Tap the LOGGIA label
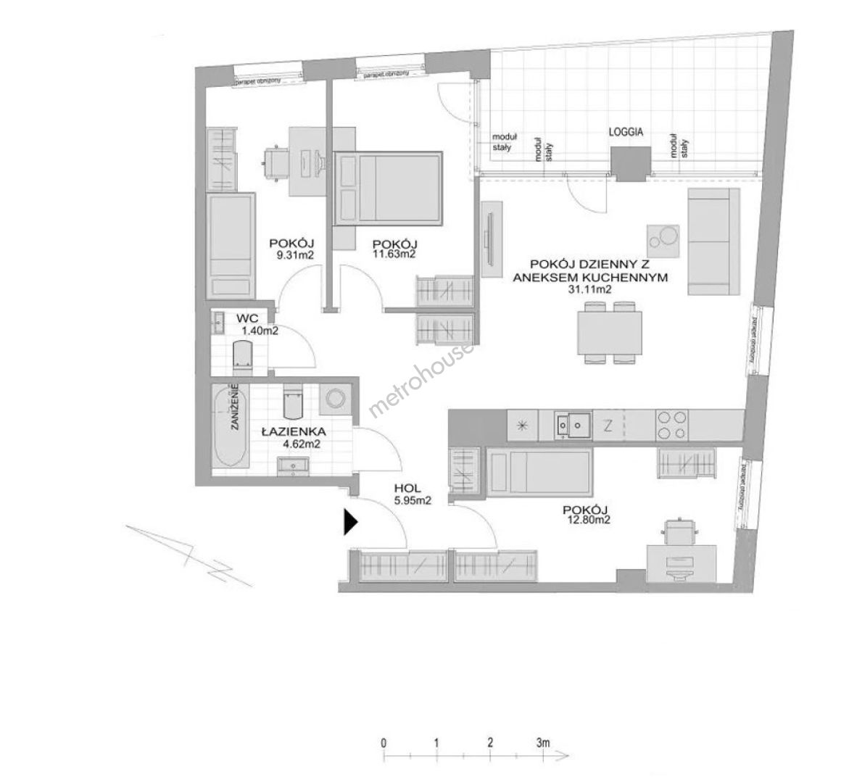(626, 133)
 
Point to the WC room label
(244, 318)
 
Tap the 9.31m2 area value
(290, 254)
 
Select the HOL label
(408, 489)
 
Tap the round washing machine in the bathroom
(335, 398)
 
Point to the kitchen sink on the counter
(573, 425)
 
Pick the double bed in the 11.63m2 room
(388, 187)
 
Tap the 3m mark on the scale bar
(542, 743)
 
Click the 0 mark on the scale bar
(383, 743)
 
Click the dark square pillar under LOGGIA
(629, 162)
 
